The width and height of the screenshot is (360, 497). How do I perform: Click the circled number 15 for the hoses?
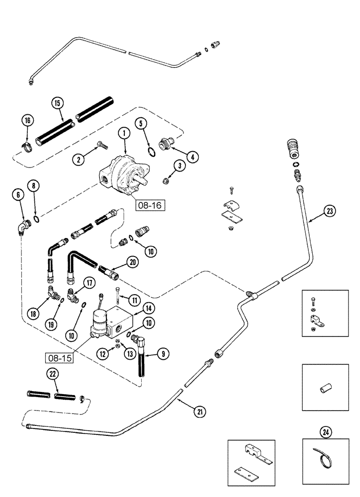(57, 104)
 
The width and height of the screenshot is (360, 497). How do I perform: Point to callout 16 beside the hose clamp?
(28, 121)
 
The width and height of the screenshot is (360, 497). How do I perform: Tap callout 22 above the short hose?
(52, 374)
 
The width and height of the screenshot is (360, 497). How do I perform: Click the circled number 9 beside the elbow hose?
(162, 354)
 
